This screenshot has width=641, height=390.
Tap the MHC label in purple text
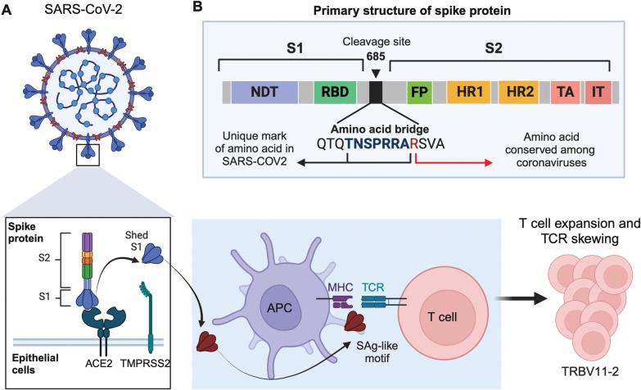tap(340, 265)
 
